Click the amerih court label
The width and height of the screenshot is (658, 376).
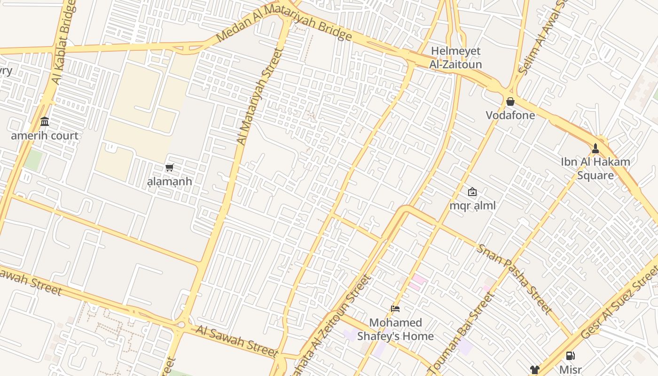click(45, 136)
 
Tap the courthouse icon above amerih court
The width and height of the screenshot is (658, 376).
click(45, 122)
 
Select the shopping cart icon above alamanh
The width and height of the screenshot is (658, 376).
click(170, 167)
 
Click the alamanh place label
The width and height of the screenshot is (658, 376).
click(170, 181)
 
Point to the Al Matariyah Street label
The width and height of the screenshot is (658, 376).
click(260, 96)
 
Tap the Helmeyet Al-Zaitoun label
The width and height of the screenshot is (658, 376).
click(455, 57)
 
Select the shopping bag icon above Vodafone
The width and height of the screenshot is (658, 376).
click(510, 102)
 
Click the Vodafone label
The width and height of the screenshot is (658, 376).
click(510, 115)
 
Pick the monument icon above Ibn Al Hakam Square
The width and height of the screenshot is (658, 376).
click(595, 149)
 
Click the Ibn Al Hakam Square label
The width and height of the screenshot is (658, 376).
click(595, 169)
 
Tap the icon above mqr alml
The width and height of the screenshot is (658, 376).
click(472, 192)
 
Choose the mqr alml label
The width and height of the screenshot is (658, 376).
click(472, 205)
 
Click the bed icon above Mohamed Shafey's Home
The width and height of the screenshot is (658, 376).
click(395, 309)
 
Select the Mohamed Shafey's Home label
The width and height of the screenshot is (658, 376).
click(395, 329)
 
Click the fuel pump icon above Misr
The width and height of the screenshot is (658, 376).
click(570, 356)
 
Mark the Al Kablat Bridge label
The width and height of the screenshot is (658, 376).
click(64, 42)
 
